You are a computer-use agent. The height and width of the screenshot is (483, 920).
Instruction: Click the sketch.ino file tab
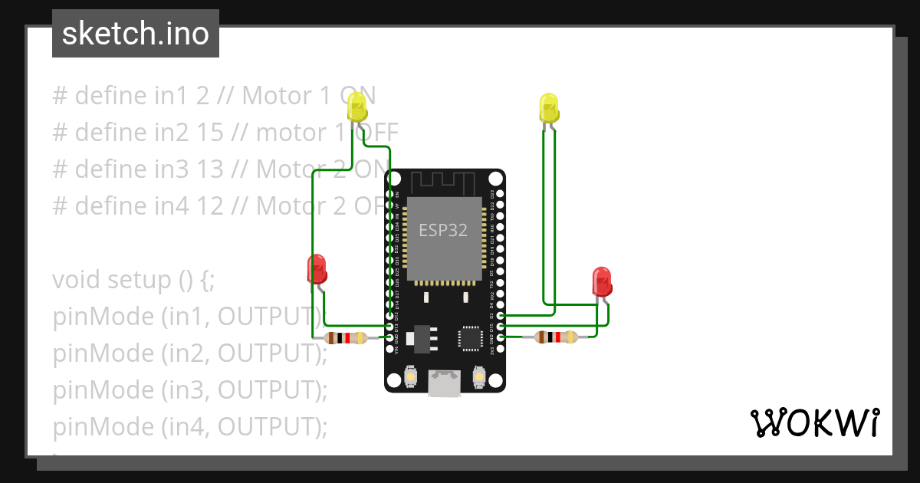coord(136,34)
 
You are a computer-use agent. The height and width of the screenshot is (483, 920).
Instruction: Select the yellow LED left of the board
coord(358,108)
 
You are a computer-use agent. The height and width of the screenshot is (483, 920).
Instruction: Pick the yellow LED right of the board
coord(549,108)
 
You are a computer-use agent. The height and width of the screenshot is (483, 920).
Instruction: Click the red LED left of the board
coord(317,269)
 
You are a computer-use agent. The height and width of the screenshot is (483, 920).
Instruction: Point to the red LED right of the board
coord(603,281)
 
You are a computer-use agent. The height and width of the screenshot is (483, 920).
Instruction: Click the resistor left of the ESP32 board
coord(345,338)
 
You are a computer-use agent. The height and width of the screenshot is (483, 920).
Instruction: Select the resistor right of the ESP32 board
coord(556,337)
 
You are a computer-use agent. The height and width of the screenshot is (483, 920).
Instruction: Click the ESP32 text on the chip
coord(442,230)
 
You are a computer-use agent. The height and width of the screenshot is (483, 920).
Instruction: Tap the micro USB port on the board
coord(445,383)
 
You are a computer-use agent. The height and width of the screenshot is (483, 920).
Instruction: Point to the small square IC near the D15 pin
coord(470,338)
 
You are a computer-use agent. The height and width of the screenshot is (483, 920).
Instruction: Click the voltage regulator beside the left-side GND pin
coord(420,337)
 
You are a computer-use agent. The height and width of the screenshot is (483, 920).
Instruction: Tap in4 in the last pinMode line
coord(192,427)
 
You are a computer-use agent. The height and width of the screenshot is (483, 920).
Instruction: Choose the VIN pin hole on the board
coord(389,347)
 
